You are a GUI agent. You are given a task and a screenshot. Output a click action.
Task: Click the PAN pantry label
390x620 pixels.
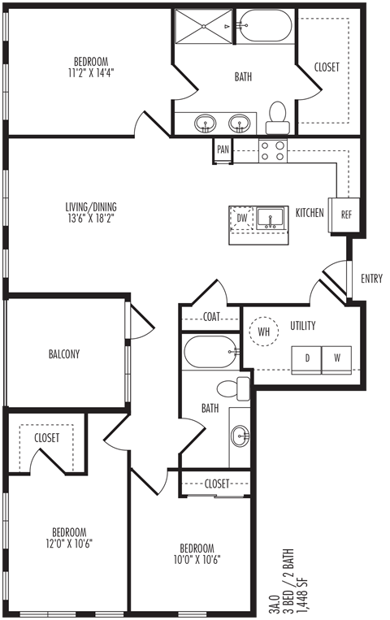(223, 149)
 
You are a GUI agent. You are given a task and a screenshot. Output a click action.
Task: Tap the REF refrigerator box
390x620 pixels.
(345, 215)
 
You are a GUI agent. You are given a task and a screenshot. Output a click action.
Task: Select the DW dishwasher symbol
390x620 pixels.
(241, 218)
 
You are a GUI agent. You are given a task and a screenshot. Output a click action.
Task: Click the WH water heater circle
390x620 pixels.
(264, 331)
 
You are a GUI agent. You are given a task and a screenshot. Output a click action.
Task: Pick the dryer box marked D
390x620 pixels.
(306, 359)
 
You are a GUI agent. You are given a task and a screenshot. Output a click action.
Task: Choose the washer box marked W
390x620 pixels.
(336, 359)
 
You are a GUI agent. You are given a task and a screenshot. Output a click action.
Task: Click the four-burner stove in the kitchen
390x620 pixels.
(273, 150)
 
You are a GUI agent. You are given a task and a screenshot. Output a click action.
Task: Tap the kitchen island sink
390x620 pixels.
(270, 219)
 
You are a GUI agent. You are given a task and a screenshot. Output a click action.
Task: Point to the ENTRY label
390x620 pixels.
(372, 279)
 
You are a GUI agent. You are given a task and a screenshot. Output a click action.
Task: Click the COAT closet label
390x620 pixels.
(211, 316)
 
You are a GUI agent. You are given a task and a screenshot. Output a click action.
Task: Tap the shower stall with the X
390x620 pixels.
(204, 27)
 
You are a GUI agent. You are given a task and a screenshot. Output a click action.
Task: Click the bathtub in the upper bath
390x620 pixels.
(265, 25)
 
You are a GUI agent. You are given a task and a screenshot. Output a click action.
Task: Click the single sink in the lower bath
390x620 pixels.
(240, 436)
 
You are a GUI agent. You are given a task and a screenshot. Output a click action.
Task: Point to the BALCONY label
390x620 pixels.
(64, 353)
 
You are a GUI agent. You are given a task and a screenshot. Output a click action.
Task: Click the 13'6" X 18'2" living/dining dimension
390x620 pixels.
(91, 218)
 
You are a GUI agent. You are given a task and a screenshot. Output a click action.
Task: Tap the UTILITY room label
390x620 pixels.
(303, 325)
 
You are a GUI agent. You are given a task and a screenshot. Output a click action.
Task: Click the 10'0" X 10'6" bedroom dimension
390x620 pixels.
(197, 559)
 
